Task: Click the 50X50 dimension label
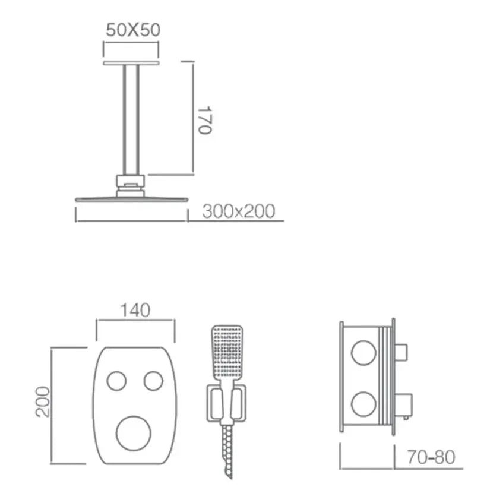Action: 133,30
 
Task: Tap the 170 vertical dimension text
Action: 205,120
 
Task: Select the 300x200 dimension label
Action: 239,211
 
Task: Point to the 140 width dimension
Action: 135,310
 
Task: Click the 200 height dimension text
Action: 43,401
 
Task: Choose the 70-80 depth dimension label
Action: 431,457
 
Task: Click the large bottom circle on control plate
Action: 134,434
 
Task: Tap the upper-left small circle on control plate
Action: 116,381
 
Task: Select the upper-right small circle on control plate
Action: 153,381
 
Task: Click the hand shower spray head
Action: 227,353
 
